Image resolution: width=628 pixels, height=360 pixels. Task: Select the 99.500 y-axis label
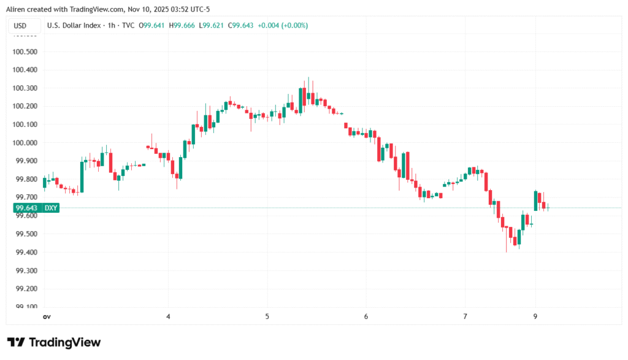point(25,234)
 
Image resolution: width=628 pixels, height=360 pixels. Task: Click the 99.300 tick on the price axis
point(25,270)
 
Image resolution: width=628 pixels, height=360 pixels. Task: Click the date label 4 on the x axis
point(168,316)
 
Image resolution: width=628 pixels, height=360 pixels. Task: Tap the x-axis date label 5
point(267,316)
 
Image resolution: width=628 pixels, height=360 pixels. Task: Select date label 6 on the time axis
point(366,316)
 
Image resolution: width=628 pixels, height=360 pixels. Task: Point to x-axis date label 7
point(465,316)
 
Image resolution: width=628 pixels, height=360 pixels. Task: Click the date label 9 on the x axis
point(536,316)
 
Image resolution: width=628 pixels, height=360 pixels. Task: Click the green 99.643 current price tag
point(26,208)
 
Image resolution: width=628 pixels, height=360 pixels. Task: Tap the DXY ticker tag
point(51,208)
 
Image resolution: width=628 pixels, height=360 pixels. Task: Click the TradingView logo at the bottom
point(54,342)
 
